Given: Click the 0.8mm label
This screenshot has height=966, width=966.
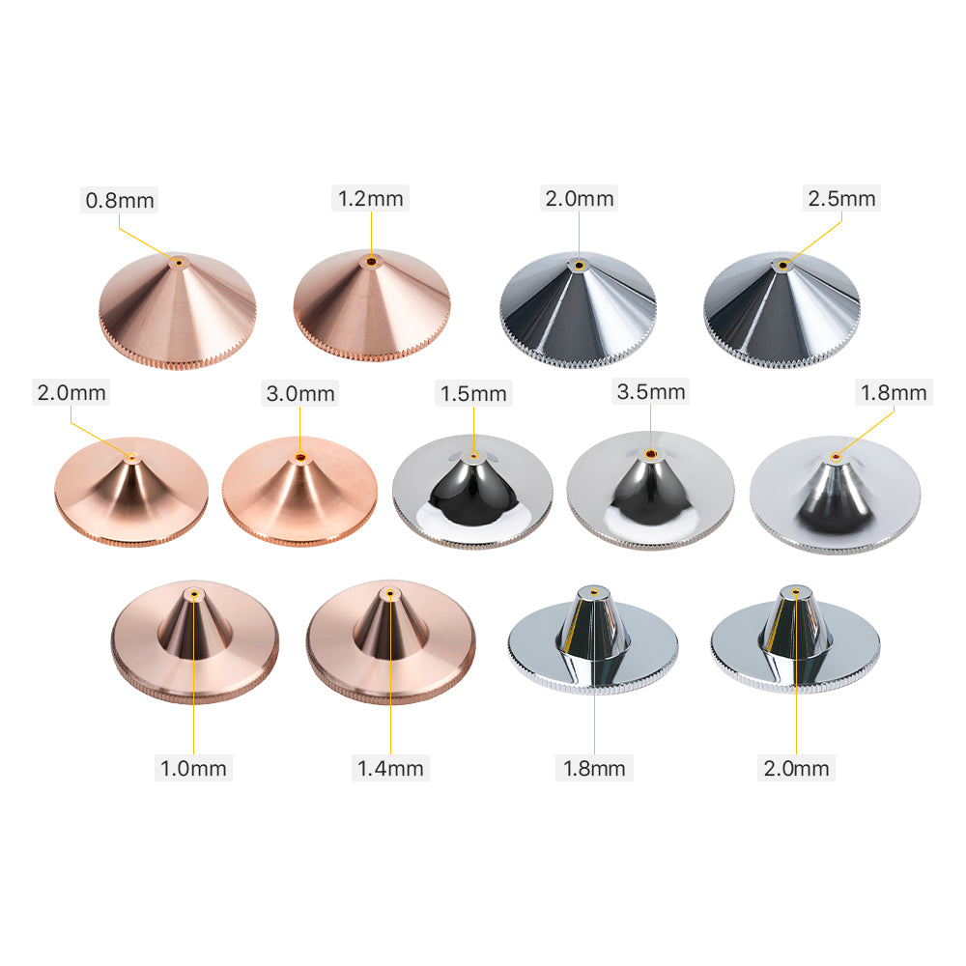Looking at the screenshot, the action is tap(120, 200).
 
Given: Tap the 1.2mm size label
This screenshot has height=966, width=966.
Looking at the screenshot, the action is tap(370, 198).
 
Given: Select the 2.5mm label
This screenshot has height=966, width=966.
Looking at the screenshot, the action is tap(841, 198).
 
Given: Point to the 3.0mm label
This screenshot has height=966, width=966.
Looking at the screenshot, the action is tap(300, 393).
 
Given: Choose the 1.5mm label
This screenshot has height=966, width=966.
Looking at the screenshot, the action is tap(473, 393).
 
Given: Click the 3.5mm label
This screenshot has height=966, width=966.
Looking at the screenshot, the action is tap(650, 391).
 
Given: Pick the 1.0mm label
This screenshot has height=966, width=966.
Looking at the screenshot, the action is tap(193, 768).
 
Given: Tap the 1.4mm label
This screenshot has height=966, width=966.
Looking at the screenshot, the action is tap(390, 768).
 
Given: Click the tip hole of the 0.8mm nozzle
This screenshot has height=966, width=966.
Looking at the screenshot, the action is tap(179, 263).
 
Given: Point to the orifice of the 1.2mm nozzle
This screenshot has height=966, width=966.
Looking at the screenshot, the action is tap(371, 262).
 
